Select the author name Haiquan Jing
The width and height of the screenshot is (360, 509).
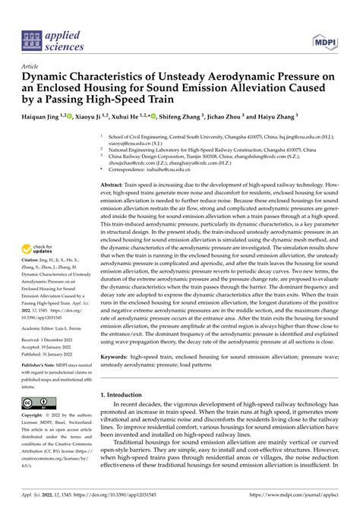[x=47, y=117]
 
